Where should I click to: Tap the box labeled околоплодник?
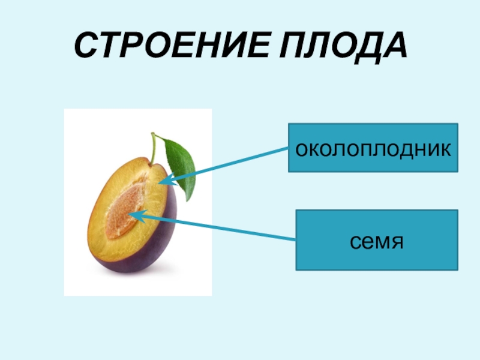click(x=373, y=148)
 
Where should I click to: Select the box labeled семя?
click(x=376, y=240)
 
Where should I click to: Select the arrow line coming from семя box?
click(x=228, y=229)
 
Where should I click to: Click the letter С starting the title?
click(x=84, y=46)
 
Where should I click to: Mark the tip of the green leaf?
click(x=191, y=199)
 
